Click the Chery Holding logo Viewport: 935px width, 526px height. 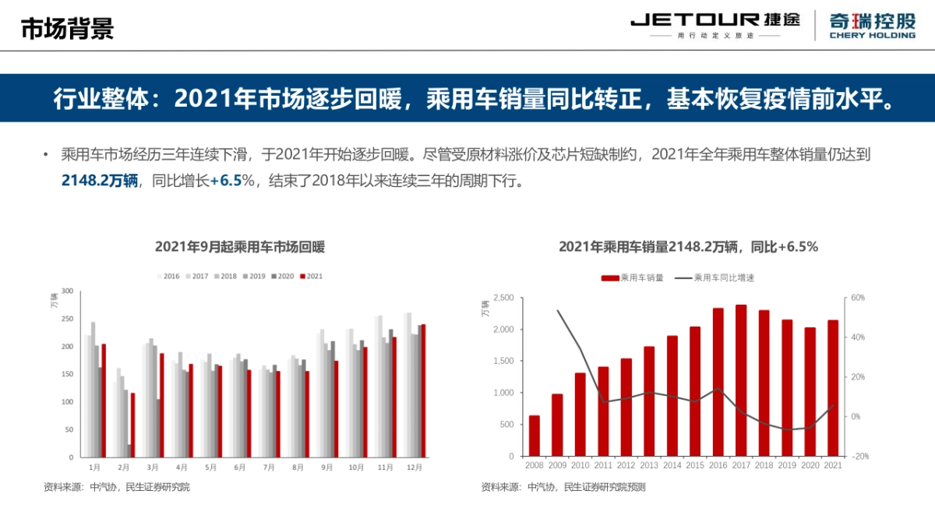click(872, 24)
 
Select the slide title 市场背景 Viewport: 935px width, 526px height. click(67, 28)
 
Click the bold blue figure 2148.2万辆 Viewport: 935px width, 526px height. click(99, 181)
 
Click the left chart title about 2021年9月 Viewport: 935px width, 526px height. click(240, 247)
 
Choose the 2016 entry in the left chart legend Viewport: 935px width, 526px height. click(168, 276)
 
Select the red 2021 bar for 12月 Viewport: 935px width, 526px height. click(423, 390)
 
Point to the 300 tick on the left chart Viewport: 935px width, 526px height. click(66, 291)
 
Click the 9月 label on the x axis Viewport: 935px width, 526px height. click(326, 468)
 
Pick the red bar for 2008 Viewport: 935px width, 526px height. click(535, 436)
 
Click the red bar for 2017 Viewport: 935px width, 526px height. click(741, 380)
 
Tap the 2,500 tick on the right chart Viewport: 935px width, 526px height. click(503, 298)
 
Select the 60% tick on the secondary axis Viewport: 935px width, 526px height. click(858, 298)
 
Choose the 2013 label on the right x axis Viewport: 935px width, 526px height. click(649, 465)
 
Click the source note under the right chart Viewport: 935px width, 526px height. click(563, 487)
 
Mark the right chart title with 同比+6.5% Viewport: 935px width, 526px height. click(688, 247)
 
